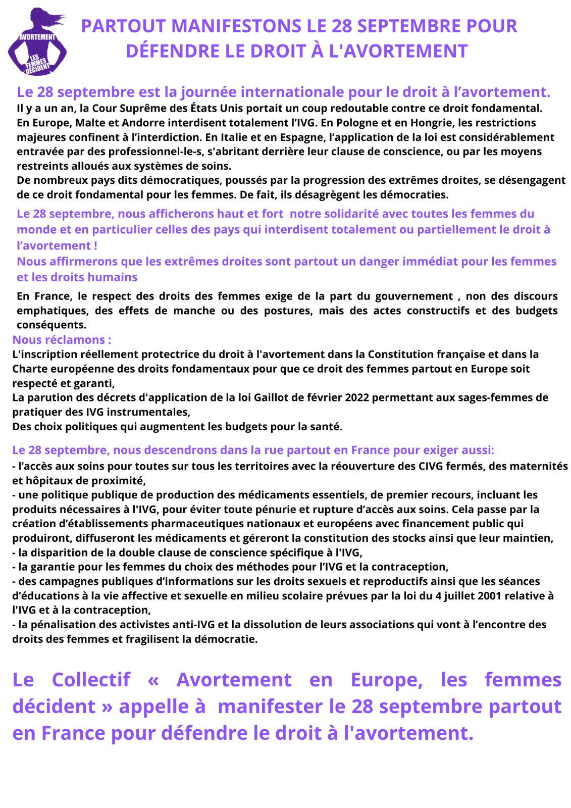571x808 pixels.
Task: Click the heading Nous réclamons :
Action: tap(62, 340)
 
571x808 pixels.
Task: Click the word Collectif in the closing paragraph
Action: tap(91, 680)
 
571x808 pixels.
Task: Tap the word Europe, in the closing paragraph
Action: tap(387, 680)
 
